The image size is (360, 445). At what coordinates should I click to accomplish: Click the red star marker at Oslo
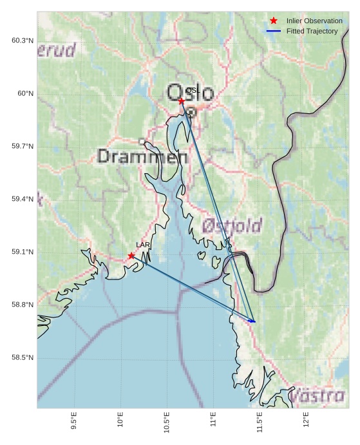(x=182, y=101)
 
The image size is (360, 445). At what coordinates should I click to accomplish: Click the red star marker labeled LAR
(x=131, y=256)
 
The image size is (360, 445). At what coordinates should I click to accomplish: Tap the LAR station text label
(x=143, y=245)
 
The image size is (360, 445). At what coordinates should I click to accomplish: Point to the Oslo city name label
(x=190, y=93)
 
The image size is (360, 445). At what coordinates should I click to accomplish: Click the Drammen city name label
(x=142, y=156)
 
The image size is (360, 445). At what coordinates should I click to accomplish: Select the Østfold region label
(x=232, y=226)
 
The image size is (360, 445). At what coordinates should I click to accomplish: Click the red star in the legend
(x=274, y=21)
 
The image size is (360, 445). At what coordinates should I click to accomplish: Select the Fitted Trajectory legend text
(x=312, y=31)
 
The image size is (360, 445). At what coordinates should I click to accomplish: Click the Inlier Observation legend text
(x=314, y=21)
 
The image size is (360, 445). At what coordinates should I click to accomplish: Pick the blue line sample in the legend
(x=274, y=31)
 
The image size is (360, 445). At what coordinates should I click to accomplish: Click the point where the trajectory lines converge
(x=254, y=321)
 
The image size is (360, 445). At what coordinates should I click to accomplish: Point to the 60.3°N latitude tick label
(x=22, y=41)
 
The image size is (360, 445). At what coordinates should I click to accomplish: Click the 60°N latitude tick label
(x=25, y=93)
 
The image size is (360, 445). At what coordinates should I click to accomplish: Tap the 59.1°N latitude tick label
(x=22, y=252)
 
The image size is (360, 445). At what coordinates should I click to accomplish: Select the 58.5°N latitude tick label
(x=22, y=357)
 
